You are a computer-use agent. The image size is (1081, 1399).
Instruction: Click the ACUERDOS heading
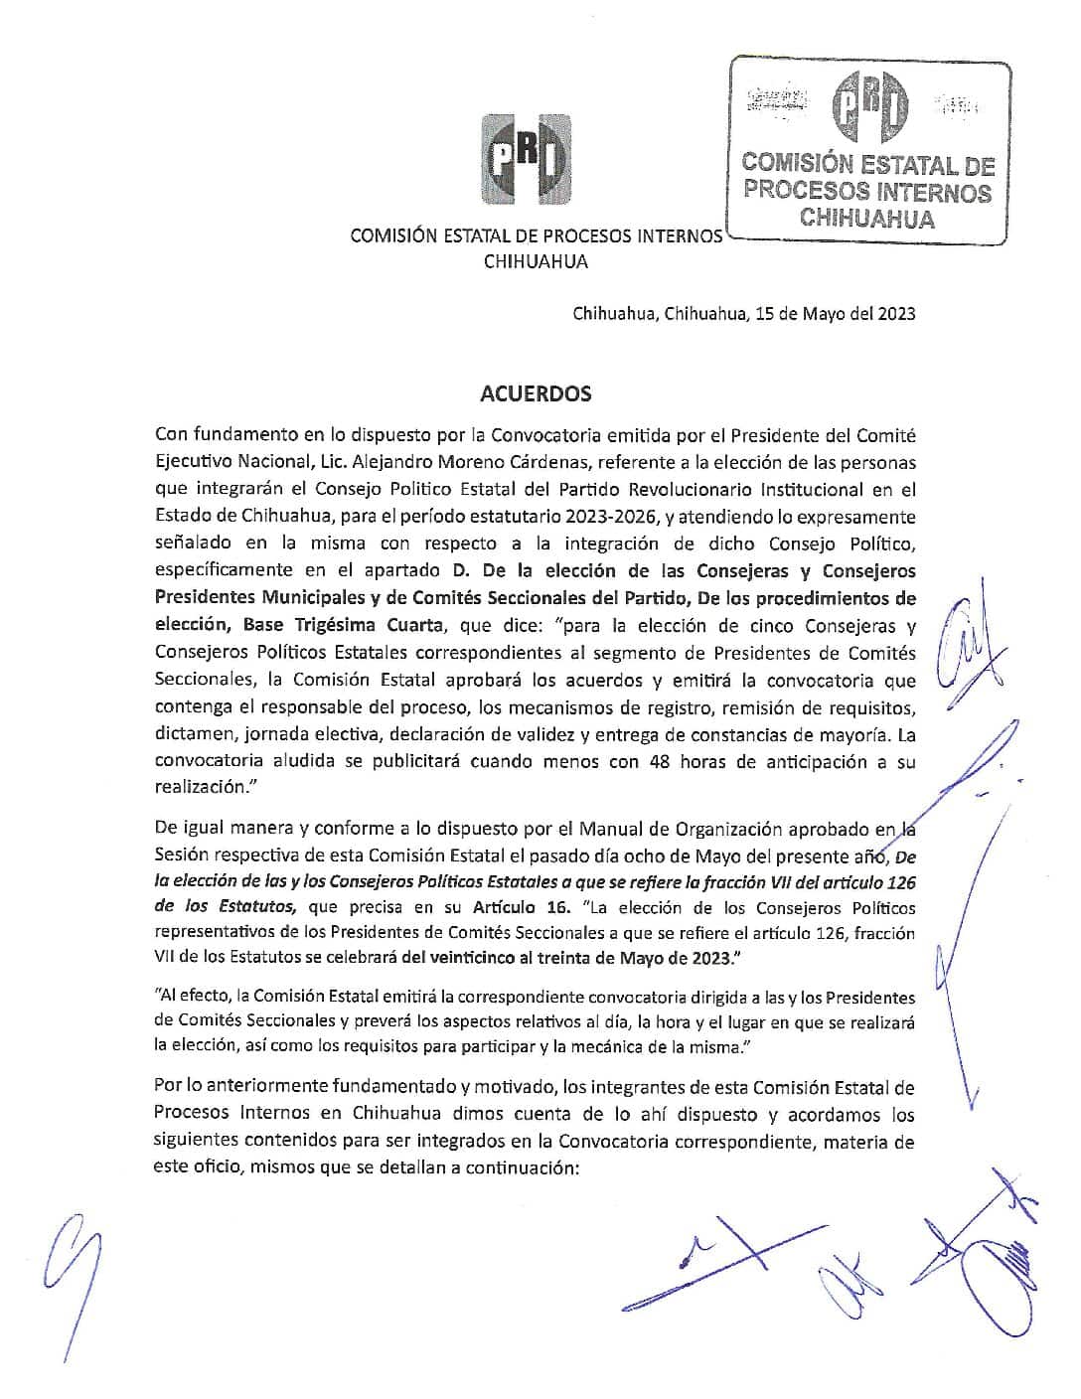[x=536, y=393]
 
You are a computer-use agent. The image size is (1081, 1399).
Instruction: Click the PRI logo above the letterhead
[x=526, y=160]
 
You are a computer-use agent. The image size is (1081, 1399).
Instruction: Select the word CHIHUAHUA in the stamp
[x=867, y=220]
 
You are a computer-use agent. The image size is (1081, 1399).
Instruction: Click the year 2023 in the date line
[x=894, y=314]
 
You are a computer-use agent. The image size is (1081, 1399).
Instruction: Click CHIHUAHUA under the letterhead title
[x=536, y=262]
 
